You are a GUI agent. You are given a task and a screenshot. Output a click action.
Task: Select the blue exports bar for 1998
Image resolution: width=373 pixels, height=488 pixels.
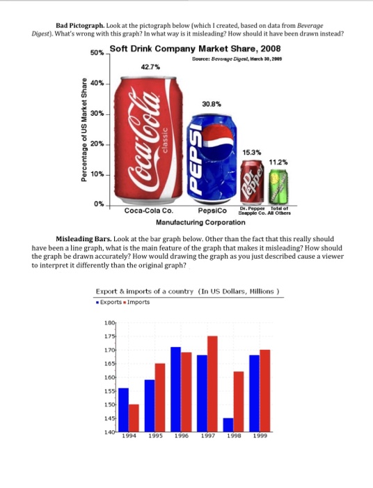[x=228, y=425]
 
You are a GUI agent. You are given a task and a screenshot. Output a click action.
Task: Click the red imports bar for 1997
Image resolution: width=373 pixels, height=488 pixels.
[x=212, y=383]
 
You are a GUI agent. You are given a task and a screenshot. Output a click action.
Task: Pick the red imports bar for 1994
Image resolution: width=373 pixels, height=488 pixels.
[x=133, y=418]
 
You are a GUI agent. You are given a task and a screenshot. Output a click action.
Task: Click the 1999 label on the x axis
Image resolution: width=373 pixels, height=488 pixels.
[x=259, y=437]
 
